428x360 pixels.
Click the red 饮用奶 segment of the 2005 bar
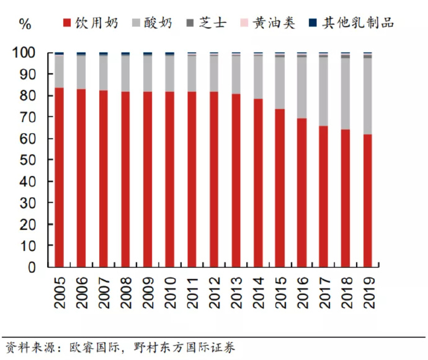59,177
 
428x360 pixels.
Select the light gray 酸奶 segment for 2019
368,96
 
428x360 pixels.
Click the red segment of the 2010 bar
169,179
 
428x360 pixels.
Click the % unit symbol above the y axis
25,24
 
